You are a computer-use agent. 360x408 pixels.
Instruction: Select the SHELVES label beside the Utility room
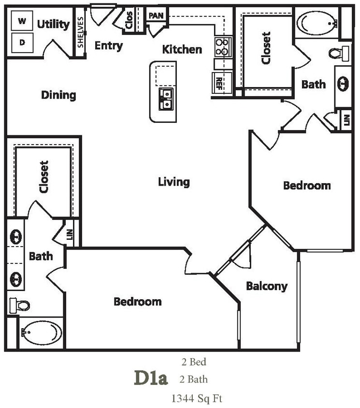tap(80, 33)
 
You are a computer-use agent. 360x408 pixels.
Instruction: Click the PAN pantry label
tap(156, 15)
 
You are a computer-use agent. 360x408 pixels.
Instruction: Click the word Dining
tap(58, 95)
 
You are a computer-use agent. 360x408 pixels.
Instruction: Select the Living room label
tap(174, 182)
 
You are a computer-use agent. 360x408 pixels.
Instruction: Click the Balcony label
tap(267, 286)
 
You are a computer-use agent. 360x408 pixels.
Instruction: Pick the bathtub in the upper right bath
tap(317, 22)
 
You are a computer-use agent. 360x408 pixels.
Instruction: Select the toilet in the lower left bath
tap(19, 305)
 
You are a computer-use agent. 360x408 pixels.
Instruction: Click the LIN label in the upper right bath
tap(346, 119)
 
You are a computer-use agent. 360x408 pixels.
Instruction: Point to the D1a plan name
tap(151, 378)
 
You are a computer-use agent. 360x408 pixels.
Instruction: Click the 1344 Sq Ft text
tap(197, 398)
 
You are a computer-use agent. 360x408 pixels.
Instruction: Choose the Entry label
tap(108, 46)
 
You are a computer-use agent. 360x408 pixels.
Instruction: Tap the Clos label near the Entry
tap(129, 20)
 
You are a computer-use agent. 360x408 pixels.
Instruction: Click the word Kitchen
tap(182, 49)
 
